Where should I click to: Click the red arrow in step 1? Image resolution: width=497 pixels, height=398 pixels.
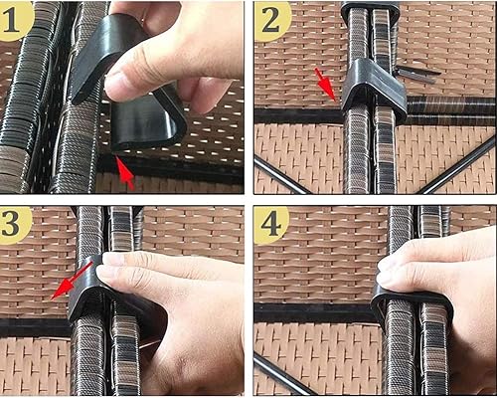pyautogui.click(x=124, y=175)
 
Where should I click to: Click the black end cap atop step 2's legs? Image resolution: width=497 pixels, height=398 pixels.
pyautogui.click(x=369, y=13)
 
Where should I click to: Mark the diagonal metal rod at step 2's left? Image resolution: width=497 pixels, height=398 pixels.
pyautogui.click(x=283, y=174)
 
